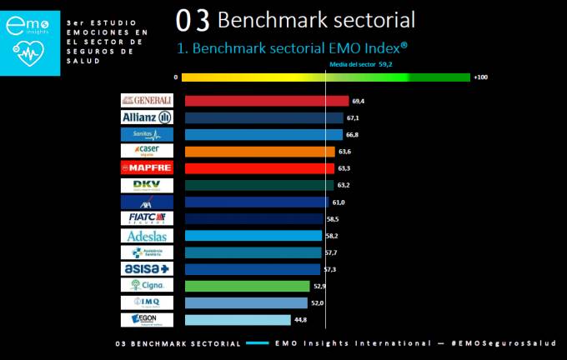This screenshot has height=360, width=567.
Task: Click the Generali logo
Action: tap(147, 101)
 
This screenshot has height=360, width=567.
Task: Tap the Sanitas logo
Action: tap(147, 134)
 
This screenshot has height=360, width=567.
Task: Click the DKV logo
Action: tap(147, 185)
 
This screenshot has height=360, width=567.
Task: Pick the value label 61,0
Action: tap(339, 202)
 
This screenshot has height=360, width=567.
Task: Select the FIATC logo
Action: tap(147, 218)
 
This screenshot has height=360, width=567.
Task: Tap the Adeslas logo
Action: tap(147, 236)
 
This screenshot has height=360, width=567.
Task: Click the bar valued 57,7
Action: tap(253, 252)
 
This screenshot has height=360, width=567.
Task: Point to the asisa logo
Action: tap(147, 269)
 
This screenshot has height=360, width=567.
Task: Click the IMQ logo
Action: tap(147, 302)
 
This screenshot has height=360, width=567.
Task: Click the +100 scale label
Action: tap(479, 77)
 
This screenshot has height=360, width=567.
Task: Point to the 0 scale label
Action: tap(176, 77)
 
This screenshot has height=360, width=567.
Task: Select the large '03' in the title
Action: tap(193, 19)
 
